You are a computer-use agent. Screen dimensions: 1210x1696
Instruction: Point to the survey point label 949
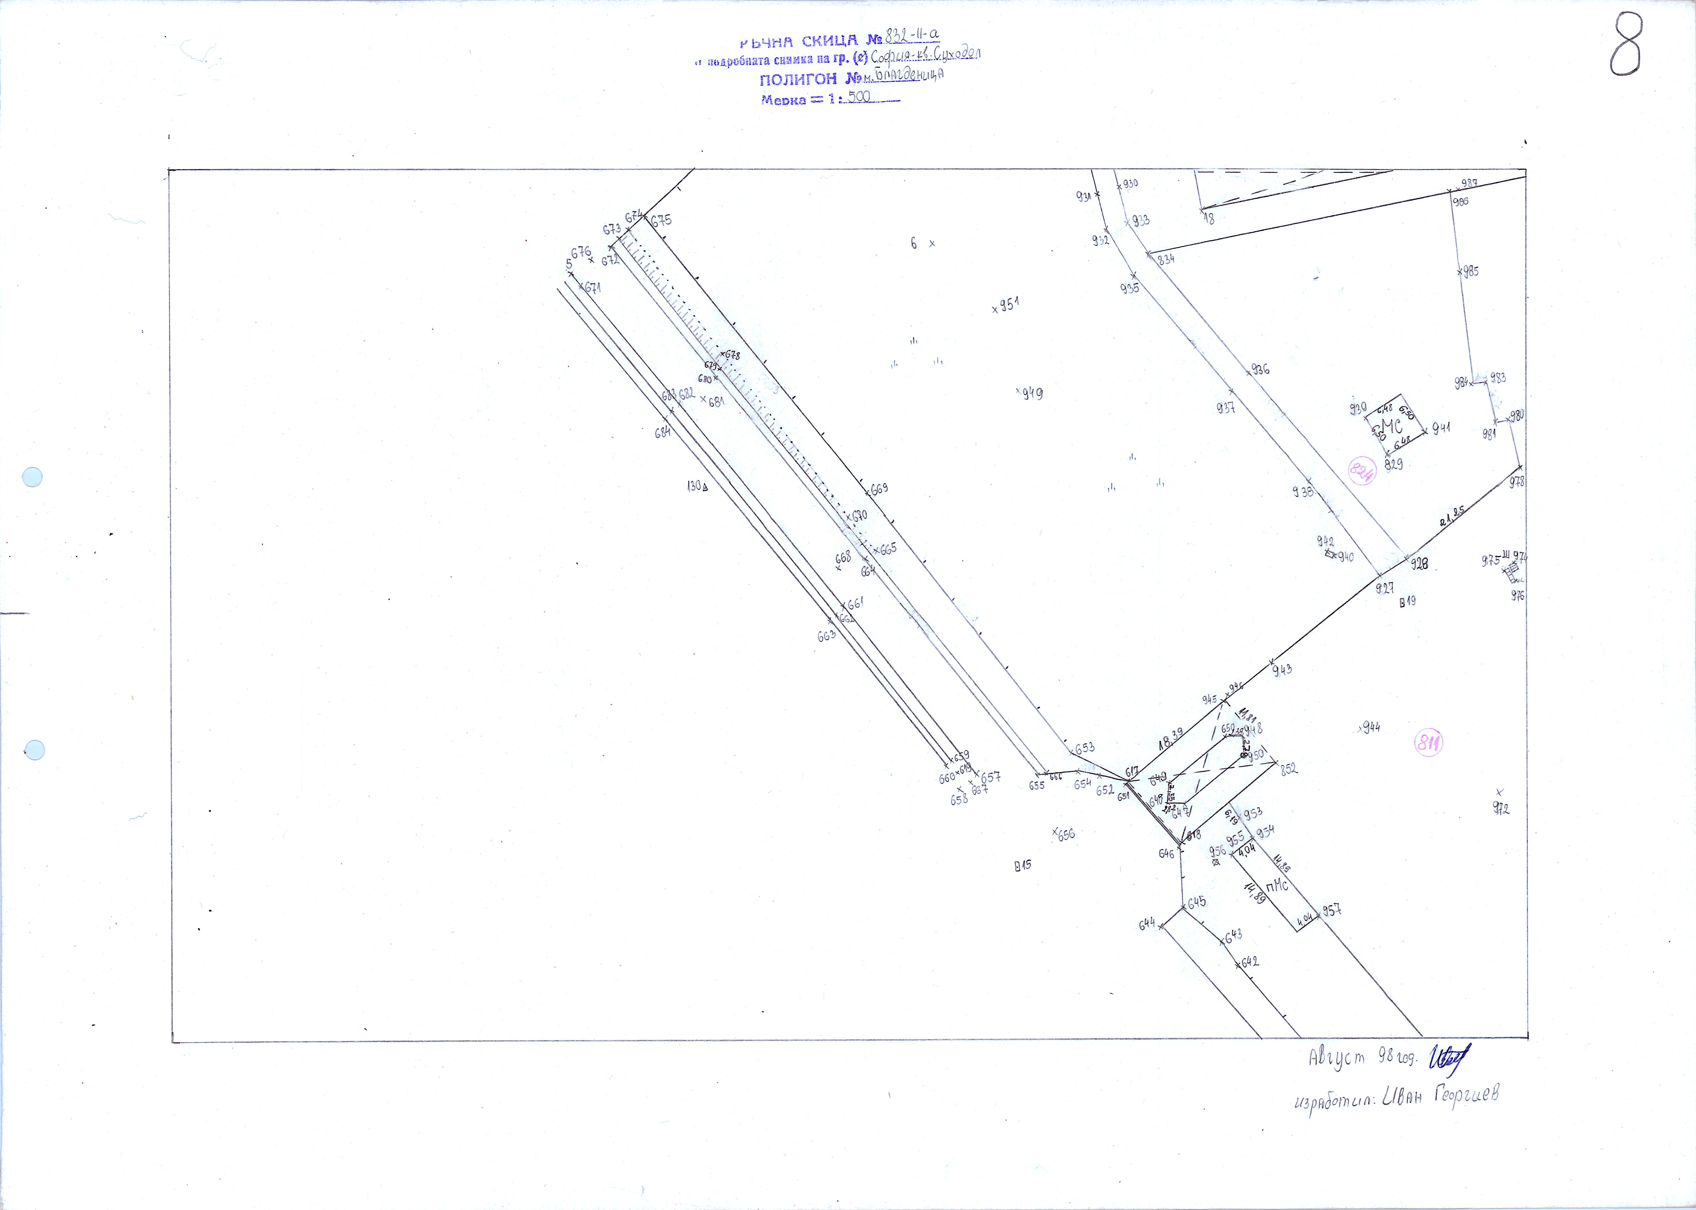(x=1033, y=393)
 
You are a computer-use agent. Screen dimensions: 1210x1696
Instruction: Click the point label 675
(x=661, y=220)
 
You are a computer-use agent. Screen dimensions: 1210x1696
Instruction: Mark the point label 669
(x=880, y=489)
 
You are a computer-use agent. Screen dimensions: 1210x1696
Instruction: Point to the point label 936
(x=1260, y=369)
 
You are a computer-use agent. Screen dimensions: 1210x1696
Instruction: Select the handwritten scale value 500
(x=859, y=97)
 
